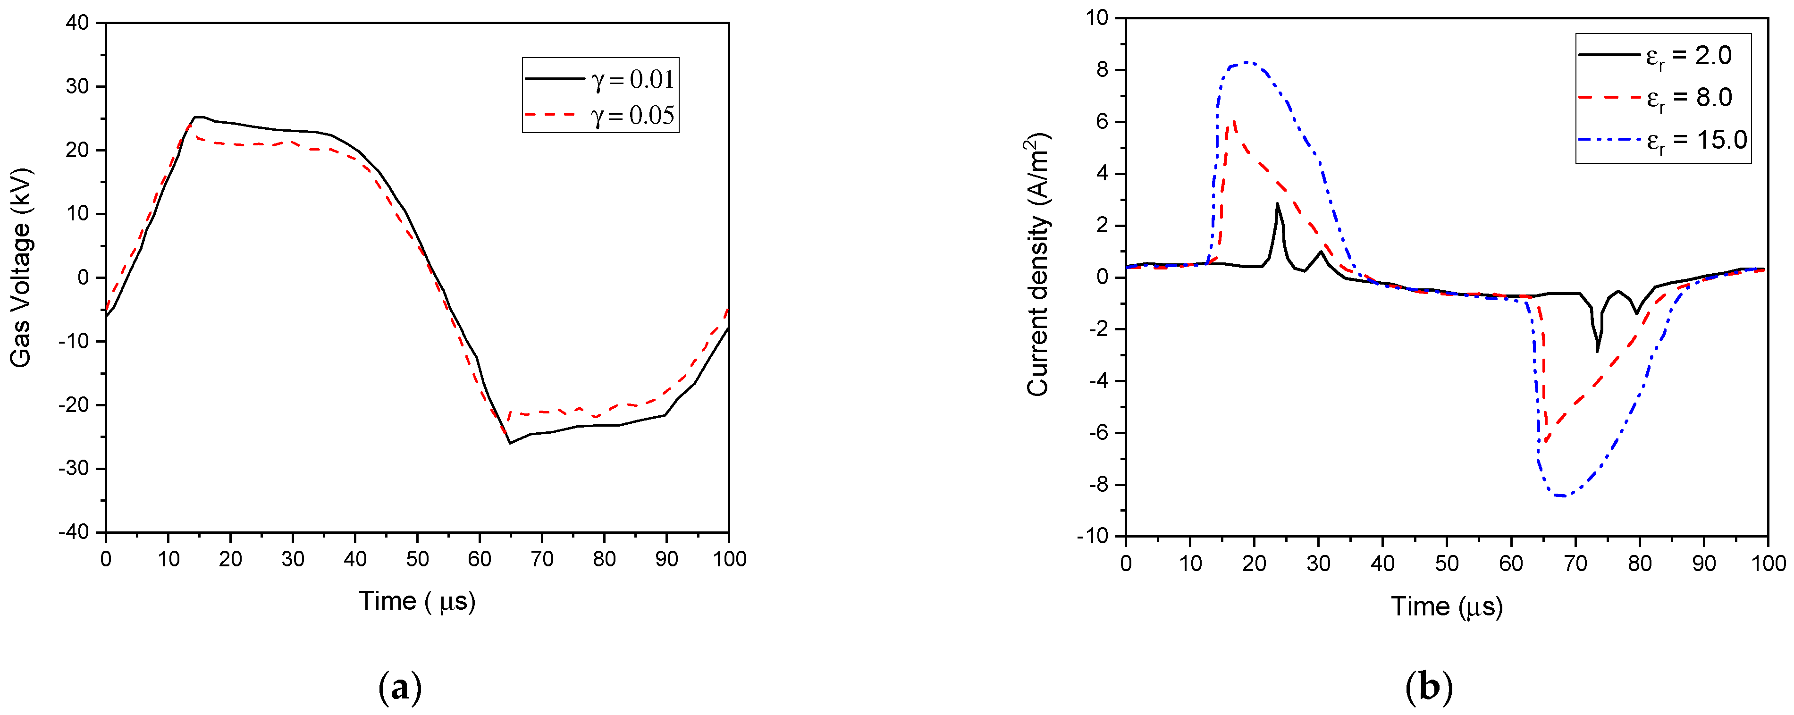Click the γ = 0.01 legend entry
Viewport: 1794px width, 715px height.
600,79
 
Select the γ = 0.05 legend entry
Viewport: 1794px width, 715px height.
600,115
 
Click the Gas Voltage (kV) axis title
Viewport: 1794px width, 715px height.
21,267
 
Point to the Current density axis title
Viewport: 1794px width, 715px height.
1038,267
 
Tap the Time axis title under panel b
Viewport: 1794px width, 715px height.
1447,606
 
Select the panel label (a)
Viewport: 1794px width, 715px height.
400,688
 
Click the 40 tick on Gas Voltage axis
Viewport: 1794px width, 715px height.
78,23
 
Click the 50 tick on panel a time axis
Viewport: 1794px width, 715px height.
417,558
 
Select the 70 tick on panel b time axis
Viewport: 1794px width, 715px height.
1575,563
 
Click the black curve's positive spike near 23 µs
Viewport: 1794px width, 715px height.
1277,204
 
